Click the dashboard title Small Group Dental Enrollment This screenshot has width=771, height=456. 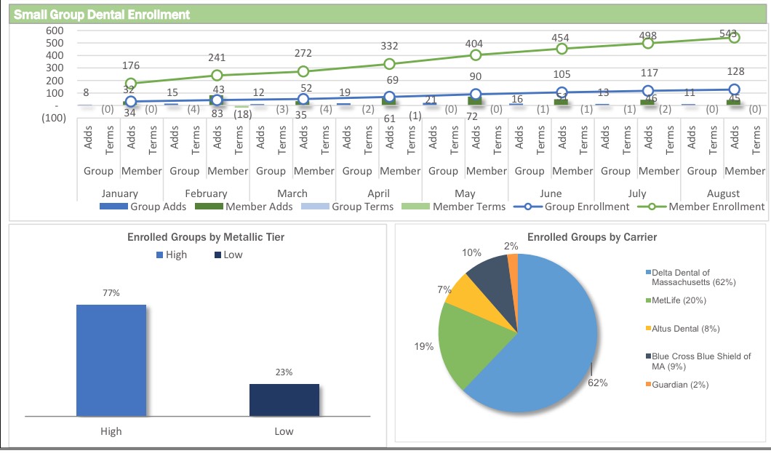point(103,14)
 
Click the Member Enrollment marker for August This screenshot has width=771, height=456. point(734,37)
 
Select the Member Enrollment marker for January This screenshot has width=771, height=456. point(131,84)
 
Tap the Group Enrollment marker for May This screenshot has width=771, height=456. point(476,94)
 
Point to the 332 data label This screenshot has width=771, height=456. point(389,46)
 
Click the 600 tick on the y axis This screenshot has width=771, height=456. point(55,31)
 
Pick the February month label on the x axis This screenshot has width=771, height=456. point(206,193)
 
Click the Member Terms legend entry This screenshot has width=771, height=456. point(452,207)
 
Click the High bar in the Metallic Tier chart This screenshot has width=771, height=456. point(111,360)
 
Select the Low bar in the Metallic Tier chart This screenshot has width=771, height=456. point(284,400)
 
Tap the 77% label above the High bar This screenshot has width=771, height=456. point(111,292)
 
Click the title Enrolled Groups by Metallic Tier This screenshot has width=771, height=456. point(206,237)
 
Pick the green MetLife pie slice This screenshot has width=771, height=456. point(469,342)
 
